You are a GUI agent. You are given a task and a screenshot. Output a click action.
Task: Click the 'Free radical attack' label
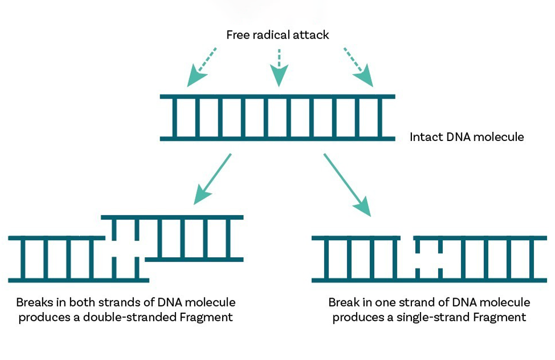click(x=277, y=36)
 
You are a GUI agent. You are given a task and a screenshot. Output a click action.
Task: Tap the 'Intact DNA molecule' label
click(x=466, y=137)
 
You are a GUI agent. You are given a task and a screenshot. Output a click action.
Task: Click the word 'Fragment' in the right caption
click(x=499, y=317)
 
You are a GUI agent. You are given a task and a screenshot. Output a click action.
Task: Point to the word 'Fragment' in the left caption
click(x=206, y=317)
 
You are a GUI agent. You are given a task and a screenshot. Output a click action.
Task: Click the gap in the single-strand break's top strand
click(x=407, y=238)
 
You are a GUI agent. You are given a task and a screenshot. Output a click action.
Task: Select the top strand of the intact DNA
click(x=277, y=97)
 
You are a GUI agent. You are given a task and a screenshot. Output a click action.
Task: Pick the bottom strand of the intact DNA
click(x=277, y=139)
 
